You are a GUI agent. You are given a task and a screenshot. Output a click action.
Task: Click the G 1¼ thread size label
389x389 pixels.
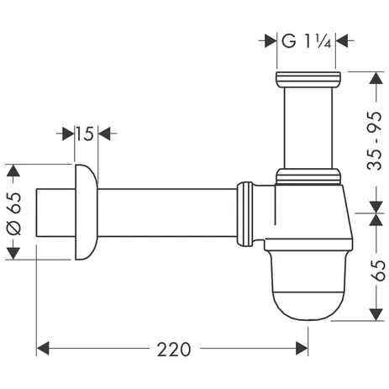[308, 39]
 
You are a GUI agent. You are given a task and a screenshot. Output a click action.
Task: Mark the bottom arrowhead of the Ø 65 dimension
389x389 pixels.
[12, 253]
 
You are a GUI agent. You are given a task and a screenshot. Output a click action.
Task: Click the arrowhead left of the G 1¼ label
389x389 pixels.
[271, 39]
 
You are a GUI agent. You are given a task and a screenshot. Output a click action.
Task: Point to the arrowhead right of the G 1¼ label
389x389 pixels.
[344, 39]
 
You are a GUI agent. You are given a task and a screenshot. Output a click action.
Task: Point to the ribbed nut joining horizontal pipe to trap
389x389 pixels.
[246, 215]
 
